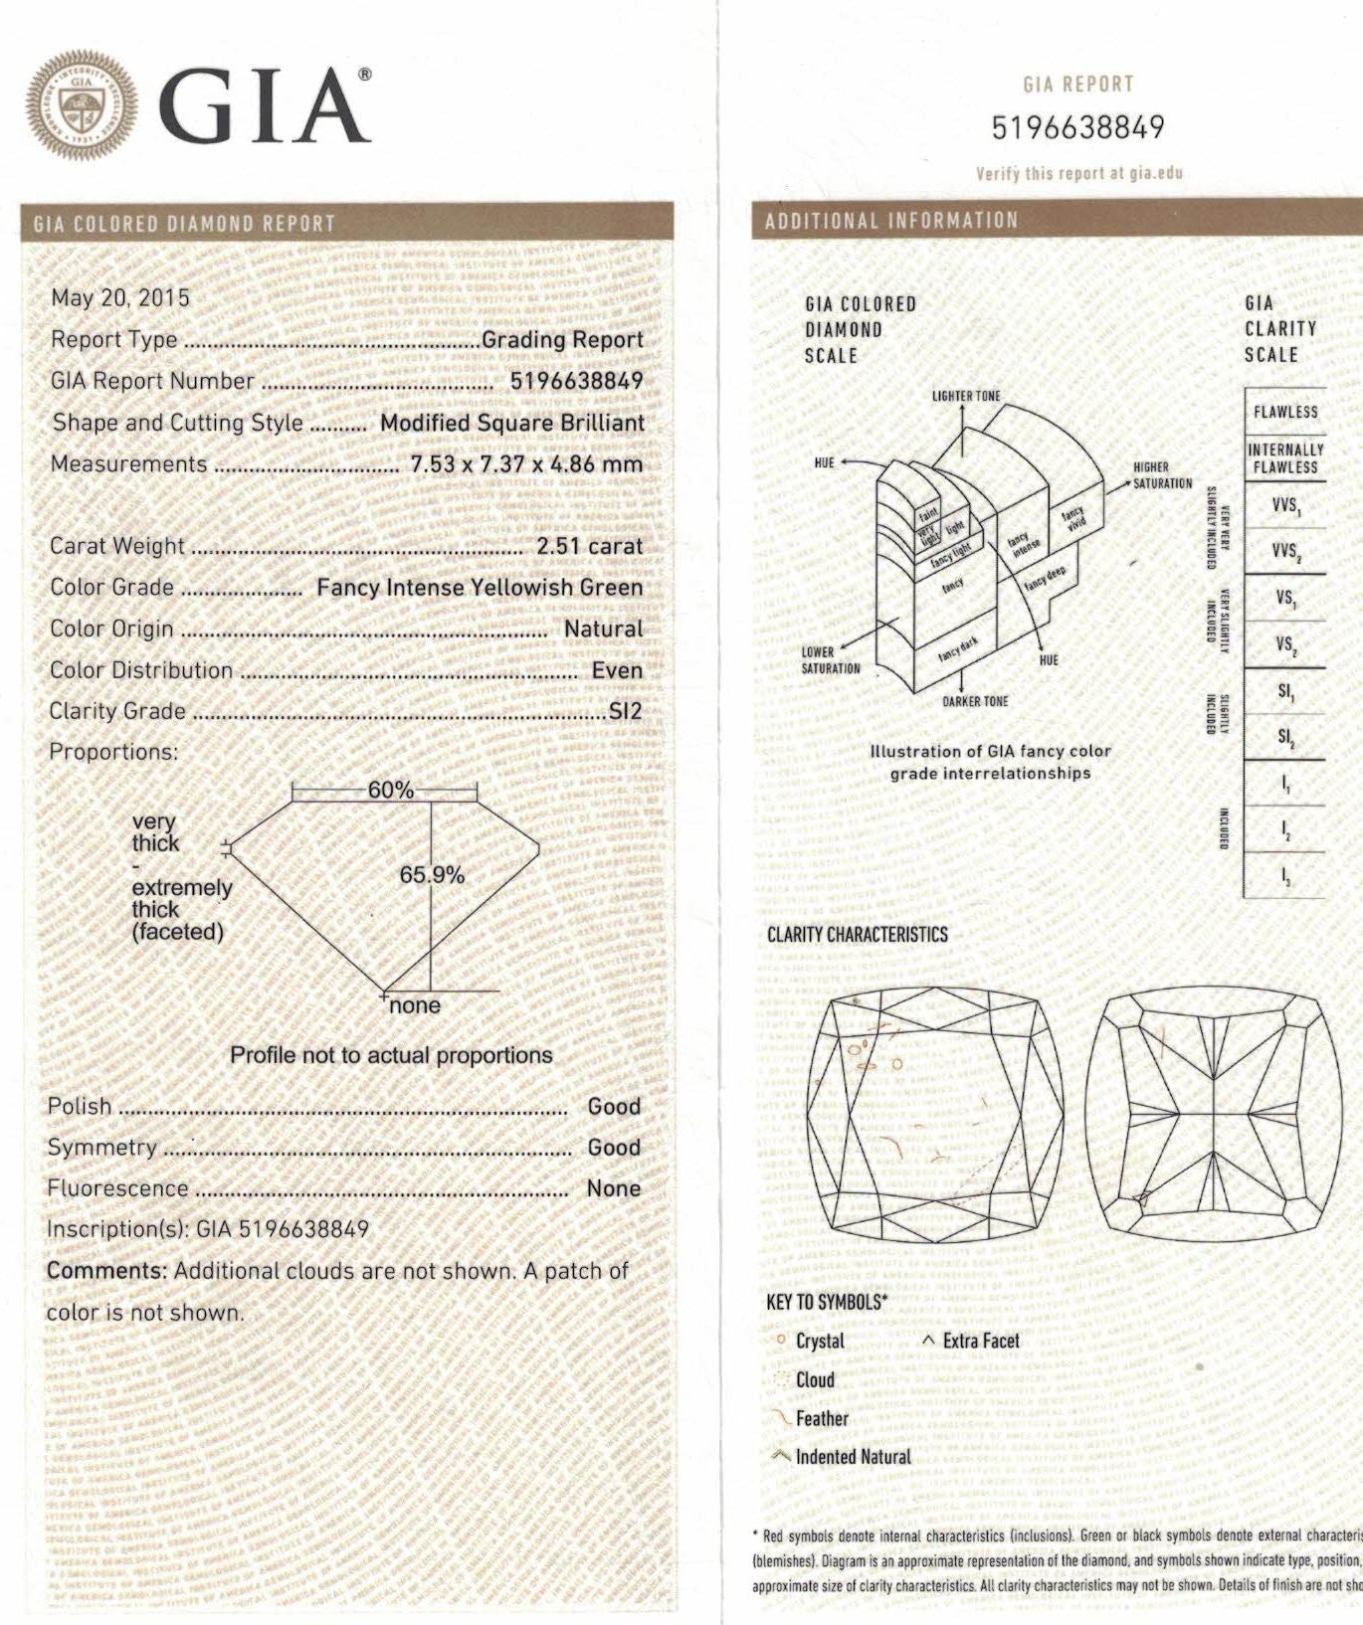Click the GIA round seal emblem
click(x=82, y=105)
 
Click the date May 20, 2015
click(x=120, y=297)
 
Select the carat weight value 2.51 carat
click(x=589, y=546)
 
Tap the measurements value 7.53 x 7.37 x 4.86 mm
click(x=526, y=464)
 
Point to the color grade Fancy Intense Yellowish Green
click(x=480, y=588)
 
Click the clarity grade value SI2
click(x=625, y=711)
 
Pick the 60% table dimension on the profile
click(x=390, y=790)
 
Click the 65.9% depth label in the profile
click(x=432, y=875)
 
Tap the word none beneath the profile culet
click(x=415, y=1005)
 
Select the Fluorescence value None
click(x=613, y=1188)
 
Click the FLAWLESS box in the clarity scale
click(x=1284, y=412)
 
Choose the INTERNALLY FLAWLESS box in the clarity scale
click(x=1284, y=458)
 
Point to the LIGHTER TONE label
click(x=966, y=396)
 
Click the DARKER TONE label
click(x=975, y=701)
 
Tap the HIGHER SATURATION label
click(x=1161, y=475)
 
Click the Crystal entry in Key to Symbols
click(x=819, y=1341)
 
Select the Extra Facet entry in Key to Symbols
click(x=980, y=1341)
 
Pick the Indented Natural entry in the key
click(x=853, y=1457)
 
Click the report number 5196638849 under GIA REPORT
click(x=1077, y=127)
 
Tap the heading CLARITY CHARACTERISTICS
click(x=857, y=935)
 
